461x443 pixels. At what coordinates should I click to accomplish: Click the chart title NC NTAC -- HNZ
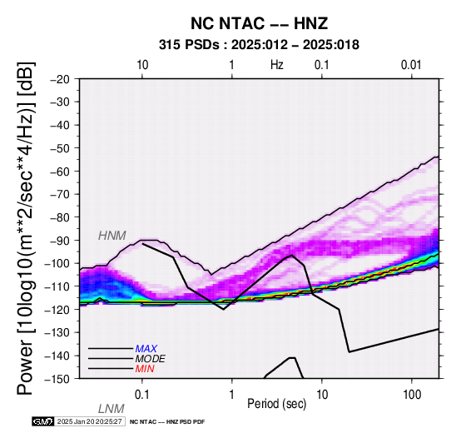tap(259, 23)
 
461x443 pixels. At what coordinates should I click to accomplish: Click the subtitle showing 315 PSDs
tap(259, 45)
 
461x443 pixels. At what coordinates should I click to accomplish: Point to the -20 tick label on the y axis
tap(60, 79)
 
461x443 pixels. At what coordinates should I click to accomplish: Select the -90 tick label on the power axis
tap(60, 241)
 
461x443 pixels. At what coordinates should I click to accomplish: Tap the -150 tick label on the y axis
tap(57, 379)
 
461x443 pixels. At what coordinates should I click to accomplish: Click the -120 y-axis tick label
tap(57, 310)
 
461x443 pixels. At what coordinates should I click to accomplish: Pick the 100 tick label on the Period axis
tap(412, 395)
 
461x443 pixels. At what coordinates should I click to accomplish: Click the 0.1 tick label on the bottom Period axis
tap(142, 395)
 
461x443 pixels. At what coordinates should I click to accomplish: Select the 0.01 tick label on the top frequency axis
tap(411, 65)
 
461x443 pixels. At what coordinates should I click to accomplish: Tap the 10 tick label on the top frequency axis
tap(142, 65)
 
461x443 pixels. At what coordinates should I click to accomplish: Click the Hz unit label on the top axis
tap(277, 65)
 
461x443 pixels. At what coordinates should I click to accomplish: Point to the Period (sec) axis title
tap(277, 404)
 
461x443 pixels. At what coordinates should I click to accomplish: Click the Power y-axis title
tap(25, 229)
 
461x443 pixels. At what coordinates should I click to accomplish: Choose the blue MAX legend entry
tap(146, 349)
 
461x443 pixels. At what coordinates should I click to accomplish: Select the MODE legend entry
tap(151, 359)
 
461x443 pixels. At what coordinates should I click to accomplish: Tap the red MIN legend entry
tap(145, 369)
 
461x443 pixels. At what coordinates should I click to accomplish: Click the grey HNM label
tap(112, 236)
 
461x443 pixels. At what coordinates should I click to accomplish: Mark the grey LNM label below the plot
tap(112, 409)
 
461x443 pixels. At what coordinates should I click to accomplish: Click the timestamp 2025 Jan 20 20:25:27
tap(89, 421)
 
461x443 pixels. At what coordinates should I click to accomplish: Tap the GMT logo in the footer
tap(43, 421)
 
